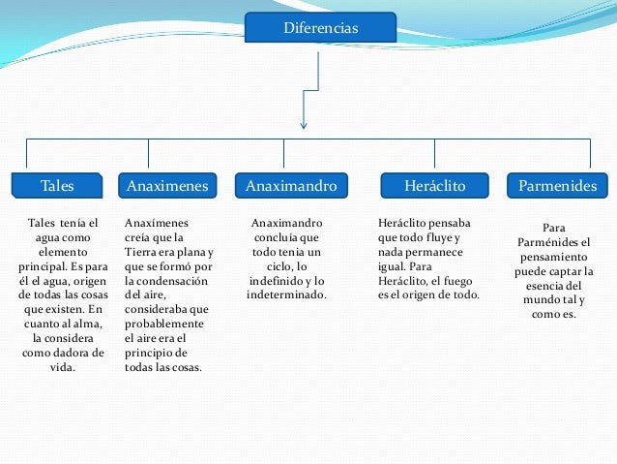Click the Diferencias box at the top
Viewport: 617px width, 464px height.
(320, 28)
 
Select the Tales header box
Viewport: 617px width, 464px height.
(57, 184)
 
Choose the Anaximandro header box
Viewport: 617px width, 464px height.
(291, 184)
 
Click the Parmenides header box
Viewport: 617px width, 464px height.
(557, 184)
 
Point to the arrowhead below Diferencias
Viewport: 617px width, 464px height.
(305, 123)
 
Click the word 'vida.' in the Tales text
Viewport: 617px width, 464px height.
(63, 368)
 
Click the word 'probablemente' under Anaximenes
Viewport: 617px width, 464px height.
(165, 324)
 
